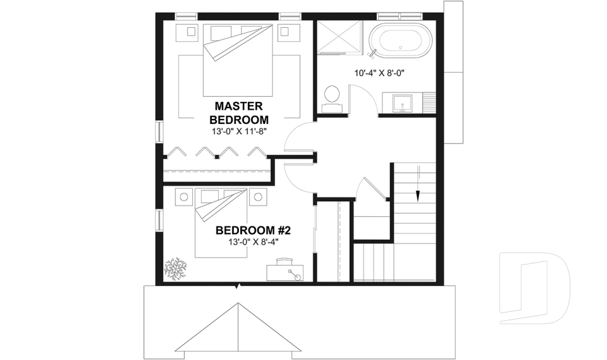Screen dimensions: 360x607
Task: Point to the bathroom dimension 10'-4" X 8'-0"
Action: pyautogui.click(x=379, y=73)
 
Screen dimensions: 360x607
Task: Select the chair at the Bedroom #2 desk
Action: pyautogui.click(x=285, y=260)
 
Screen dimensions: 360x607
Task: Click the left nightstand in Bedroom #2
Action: pyautogui.click(x=184, y=197)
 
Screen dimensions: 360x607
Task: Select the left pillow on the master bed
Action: pyautogui.click(x=221, y=31)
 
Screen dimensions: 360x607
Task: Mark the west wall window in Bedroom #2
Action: pyautogui.click(x=159, y=220)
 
